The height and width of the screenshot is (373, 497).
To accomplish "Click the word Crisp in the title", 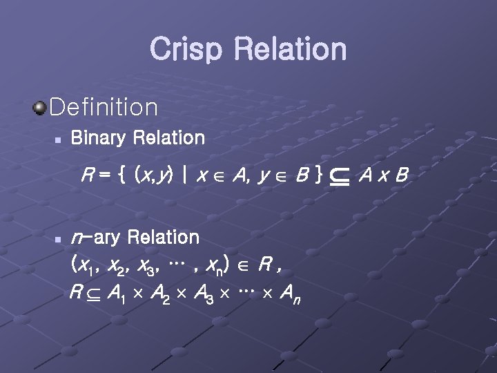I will coord(186,50).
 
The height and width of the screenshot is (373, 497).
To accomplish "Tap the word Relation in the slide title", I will coord(290,50).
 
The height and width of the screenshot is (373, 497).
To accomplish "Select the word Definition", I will coord(104,107).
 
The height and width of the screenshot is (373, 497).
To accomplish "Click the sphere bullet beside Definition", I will coord(40,107).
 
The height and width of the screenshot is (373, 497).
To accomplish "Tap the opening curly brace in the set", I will coord(121,177).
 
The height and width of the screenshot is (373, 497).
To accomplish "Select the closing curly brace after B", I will coord(317,177).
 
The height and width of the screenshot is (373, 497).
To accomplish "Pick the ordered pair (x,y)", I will coord(155,177).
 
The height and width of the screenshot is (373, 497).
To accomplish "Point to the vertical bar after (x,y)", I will coord(184,177).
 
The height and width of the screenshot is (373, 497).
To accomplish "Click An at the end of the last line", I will coord(287,294).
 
